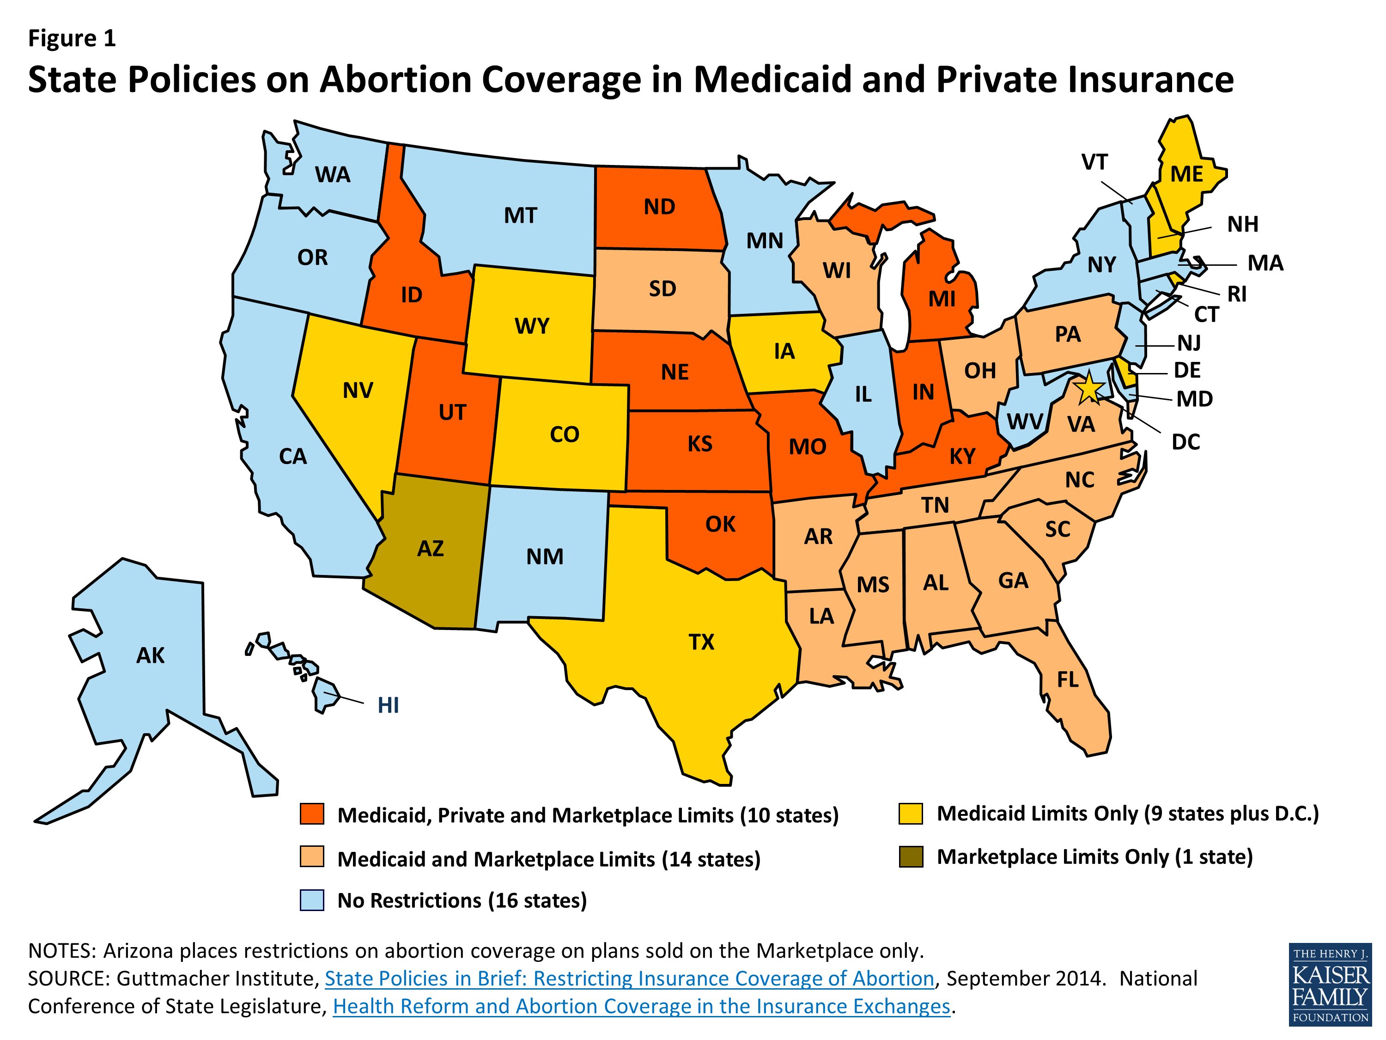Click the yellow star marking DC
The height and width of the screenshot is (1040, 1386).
point(1089,388)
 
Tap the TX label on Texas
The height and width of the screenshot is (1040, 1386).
point(701,642)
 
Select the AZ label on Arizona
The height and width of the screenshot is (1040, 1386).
point(431,549)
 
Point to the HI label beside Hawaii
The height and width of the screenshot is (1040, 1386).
point(388,705)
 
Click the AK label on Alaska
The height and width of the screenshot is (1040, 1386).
point(150,655)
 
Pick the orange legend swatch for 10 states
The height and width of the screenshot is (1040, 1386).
point(312,814)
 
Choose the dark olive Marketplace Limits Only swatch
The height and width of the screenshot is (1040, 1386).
point(911,856)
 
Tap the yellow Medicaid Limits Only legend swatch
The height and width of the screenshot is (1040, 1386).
point(911,813)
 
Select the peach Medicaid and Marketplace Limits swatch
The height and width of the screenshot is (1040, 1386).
point(312,857)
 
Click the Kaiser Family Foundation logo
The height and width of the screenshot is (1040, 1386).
point(1330,984)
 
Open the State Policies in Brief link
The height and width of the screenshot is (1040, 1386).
point(629,978)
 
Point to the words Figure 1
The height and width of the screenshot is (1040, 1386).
point(72,38)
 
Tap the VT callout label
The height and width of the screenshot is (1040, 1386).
point(1094,162)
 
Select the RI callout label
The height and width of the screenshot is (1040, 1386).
point(1236,294)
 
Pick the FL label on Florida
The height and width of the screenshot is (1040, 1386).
point(1068,679)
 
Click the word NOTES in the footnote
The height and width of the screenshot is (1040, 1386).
point(61,951)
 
